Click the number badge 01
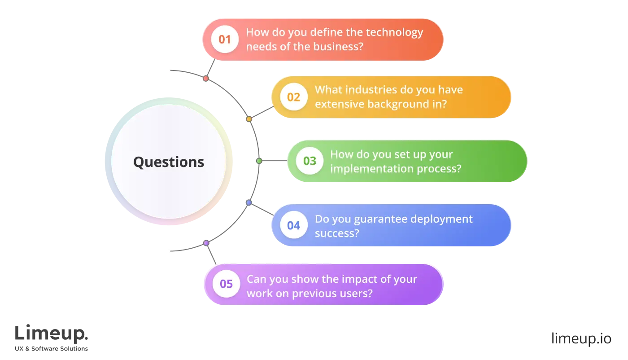tap(225, 40)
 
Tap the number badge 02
tap(293, 97)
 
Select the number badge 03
tap(310, 161)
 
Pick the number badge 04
tap(293, 225)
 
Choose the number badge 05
tap(226, 284)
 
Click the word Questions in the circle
tap(169, 162)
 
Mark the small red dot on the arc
tap(205, 79)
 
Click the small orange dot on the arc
tap(249, 119)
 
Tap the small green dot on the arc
tap(259, 161)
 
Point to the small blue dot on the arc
tap(249, 202)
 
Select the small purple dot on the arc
tap(206, 243)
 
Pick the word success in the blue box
tap(337, 233)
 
